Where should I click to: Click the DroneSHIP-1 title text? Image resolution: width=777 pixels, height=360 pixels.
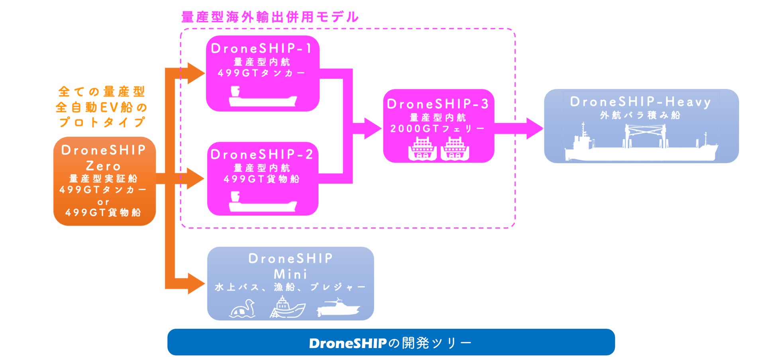point(261,49)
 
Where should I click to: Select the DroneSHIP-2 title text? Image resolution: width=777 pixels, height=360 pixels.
point(261,155)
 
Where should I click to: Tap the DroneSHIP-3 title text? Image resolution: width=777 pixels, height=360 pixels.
point(438,104)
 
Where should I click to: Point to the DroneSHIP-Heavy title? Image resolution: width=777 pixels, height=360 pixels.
point(640,102)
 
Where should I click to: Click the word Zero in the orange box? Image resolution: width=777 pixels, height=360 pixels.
point(103,166)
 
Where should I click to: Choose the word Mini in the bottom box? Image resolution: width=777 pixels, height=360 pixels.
point(290,274)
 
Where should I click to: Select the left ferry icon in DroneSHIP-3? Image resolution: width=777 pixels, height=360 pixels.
point(422,149)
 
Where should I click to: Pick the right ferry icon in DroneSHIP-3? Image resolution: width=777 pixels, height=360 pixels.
point(455,149)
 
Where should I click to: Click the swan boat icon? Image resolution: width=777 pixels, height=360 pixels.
point(243,309)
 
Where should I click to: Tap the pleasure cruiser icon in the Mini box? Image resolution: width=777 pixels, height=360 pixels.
point(338,308)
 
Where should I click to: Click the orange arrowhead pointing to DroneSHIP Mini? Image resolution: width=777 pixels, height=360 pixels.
point(196,284)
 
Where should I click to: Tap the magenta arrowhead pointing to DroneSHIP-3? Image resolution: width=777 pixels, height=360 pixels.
point(372,128)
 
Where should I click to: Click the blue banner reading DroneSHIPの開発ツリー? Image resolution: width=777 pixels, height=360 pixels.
point(390,342)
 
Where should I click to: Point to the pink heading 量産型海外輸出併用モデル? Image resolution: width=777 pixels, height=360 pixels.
point(270,17)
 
